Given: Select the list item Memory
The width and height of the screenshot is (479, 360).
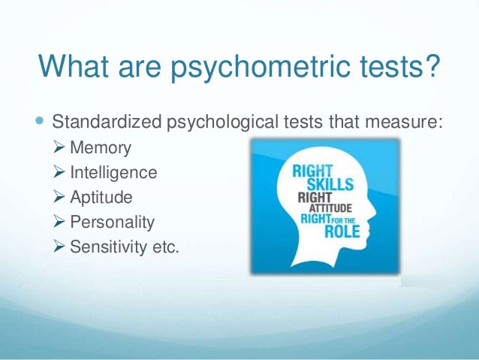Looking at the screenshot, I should [99, 148].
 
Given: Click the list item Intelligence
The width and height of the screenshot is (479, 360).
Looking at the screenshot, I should [113, 173].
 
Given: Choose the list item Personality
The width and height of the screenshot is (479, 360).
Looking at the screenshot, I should [112, 222].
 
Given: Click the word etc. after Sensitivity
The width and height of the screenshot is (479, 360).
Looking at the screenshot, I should [166, 247].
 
